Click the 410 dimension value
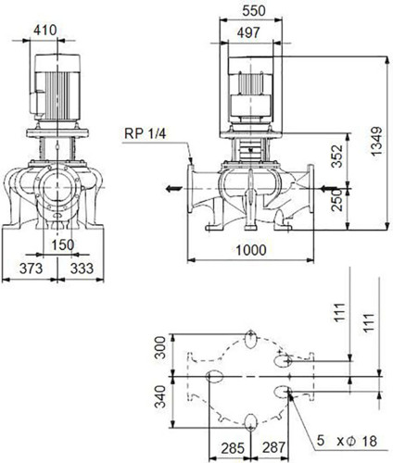tap(45, 31)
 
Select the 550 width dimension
tap(254, 11)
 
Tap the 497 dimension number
tap(248, 32)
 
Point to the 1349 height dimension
tap(376, 141)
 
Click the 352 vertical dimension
tap(336, 156)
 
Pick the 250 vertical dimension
tap(336, 200)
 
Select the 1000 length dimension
tap(250, 250)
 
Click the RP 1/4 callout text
tap(145, 133)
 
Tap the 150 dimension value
tap(63, 244)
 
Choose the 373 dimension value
tap(31, 269)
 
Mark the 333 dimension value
tap(82, 269)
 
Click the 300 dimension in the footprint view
tap(160, 347)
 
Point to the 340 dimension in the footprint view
tap(160, 396)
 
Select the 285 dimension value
tap(233, 448)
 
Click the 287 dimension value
tap(274, 448)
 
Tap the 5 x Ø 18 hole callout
tap(347, 441)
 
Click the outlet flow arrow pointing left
tap(172, 188)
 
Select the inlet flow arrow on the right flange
tap(328, 188)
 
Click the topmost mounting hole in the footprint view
tap(250, 339)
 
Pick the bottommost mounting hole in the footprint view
tap(250, 422)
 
